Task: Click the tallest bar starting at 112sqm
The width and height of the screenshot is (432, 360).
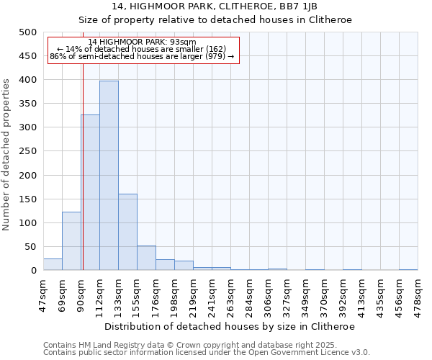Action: tap(109, 176)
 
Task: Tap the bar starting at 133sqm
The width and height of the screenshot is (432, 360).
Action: tap(127, 232)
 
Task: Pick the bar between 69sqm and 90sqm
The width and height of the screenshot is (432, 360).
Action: tap(71, 241)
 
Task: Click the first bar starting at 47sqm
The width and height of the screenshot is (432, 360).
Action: tap(53, 264)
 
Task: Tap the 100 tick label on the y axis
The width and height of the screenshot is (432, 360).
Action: tap(28, 223)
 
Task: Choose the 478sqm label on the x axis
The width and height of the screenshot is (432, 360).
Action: tap(418, 294)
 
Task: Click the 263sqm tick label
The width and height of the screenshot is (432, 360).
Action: tap(231, 294)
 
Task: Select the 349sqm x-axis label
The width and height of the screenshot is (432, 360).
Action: tap(306, 294)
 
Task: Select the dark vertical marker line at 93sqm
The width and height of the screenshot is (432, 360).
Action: tap(83, 180)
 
